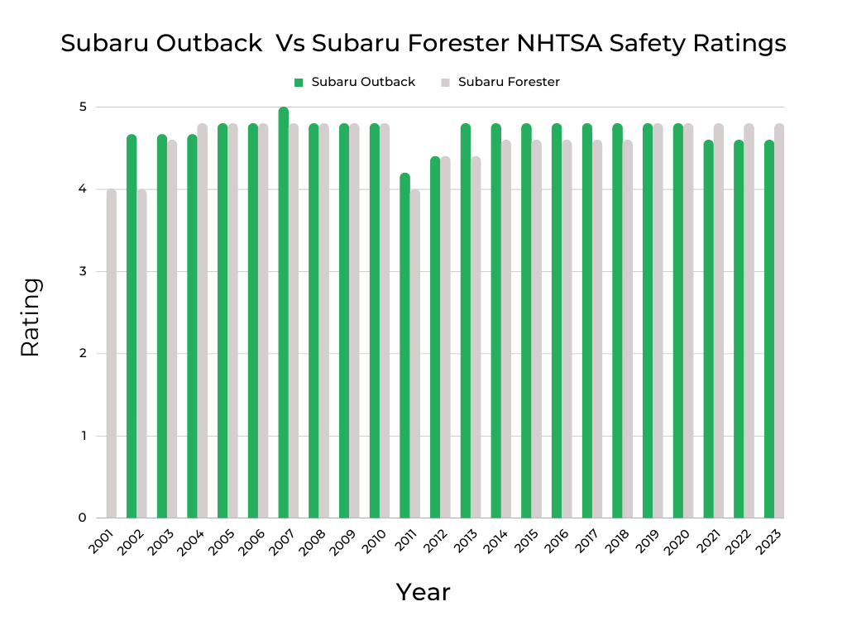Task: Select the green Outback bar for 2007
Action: tap(284, 314)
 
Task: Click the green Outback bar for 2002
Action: tap(132, 327)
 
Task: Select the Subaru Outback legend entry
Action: tap(356, 82)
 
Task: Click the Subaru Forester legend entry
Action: tap(501, 82)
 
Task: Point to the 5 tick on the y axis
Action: tap(84, 107)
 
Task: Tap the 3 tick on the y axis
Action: tap(84, 271)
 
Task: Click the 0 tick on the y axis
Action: tap(84, 518)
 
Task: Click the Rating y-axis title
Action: tap(31, 317)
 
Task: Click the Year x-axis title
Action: tap(423, 592)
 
